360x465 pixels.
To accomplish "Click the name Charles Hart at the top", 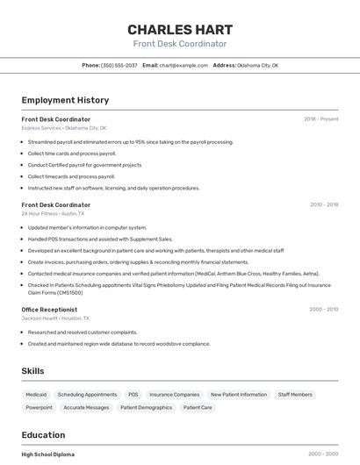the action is [x=179, y=29].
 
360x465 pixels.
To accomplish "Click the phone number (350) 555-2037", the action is [x=119, y=66].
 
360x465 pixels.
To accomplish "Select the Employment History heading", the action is [x=65, y=100].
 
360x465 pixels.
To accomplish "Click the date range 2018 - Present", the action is [x=321, y=119].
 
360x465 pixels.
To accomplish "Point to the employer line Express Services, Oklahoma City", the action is [x=64, y=128].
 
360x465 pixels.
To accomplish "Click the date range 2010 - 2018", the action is [x=324, y=204].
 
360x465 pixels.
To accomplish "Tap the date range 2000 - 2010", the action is [x=324, y=310].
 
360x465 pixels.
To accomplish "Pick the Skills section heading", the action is [x=32, y=371].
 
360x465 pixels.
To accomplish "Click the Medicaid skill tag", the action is [x=36, y=395].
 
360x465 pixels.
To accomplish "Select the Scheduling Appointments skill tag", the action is [x=87, y=395].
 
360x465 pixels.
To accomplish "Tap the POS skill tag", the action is [x=133, y=395].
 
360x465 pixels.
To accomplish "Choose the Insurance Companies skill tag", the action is [x=174, y=395].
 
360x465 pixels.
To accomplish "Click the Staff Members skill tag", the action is [x=295, y=395].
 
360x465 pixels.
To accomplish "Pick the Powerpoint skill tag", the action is [x=39, y=408].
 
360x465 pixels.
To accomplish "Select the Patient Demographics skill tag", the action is [x=146, y=408].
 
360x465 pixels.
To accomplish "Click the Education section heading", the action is [x=43, y=435].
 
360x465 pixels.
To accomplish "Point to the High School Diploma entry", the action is [x=48, y=454].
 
